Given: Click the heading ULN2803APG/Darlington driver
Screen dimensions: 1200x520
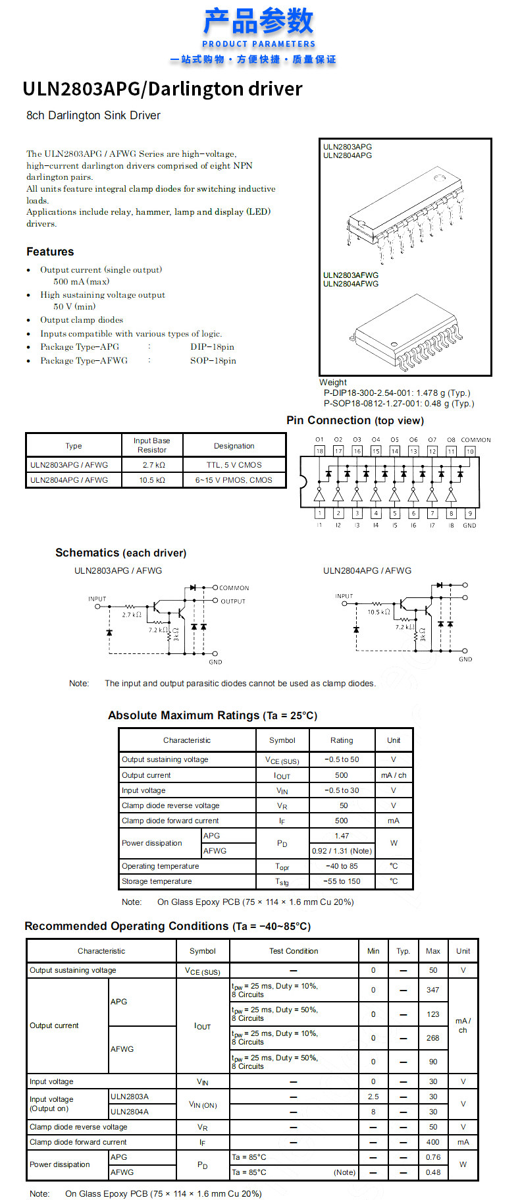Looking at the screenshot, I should point(162,89).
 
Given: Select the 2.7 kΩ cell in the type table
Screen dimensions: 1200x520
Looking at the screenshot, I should point(153,465).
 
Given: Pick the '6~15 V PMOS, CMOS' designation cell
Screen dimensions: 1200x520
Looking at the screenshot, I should point(234,480).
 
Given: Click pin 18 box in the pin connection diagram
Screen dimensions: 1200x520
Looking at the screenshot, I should point(319,451).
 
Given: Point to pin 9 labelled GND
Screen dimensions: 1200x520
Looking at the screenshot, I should point(469,514).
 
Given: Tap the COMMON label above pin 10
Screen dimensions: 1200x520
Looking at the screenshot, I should point(475,440).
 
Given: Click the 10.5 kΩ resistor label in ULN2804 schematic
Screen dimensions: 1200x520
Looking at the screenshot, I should point(378,612).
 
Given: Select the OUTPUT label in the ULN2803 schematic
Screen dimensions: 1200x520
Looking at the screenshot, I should point(233,601).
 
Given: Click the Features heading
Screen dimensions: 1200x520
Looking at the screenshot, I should point(50,252).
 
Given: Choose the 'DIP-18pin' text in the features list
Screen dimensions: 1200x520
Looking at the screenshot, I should point(212,347).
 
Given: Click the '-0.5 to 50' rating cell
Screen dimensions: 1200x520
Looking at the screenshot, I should point(342,759).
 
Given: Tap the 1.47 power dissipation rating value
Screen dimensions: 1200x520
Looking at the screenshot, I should point(342,836).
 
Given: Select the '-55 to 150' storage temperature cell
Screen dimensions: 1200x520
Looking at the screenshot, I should point(342,881).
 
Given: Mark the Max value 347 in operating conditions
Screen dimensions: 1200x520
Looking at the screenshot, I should point(432,990).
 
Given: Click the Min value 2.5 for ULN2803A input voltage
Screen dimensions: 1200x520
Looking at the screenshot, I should point(373,1097).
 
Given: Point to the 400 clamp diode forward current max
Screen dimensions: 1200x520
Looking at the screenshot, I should point(432,1142).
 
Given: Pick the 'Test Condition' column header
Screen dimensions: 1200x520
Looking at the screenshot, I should point(294,951).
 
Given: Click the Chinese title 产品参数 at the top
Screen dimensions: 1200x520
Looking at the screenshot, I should point(259,21).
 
